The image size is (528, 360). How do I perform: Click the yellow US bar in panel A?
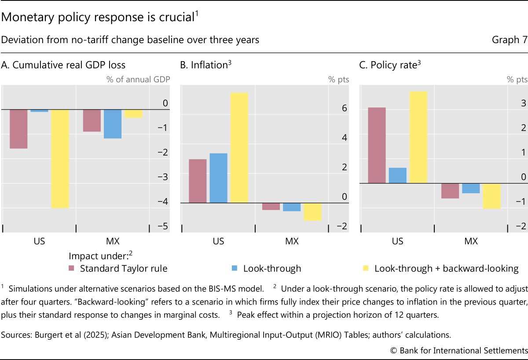[60, 158]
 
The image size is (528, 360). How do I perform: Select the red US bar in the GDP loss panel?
[18, 129]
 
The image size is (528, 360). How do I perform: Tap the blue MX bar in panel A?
[113, 124]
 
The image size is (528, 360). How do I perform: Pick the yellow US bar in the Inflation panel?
[239, 147]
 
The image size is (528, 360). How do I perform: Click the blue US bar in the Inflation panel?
[219, 178]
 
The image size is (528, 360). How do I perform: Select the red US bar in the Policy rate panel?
[377, 145]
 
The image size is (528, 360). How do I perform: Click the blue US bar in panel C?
[398, 175]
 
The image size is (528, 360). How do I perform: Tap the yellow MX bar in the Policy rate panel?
[491, 196]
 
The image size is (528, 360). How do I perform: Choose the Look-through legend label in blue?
[272, 268]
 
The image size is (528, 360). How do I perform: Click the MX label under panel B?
[292, 241]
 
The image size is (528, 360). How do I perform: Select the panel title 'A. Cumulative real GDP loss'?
[63, 65]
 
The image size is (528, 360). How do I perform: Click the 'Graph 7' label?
[509, 40]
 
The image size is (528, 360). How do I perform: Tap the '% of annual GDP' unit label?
[138, 80]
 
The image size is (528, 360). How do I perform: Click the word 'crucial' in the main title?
[169, 18]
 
